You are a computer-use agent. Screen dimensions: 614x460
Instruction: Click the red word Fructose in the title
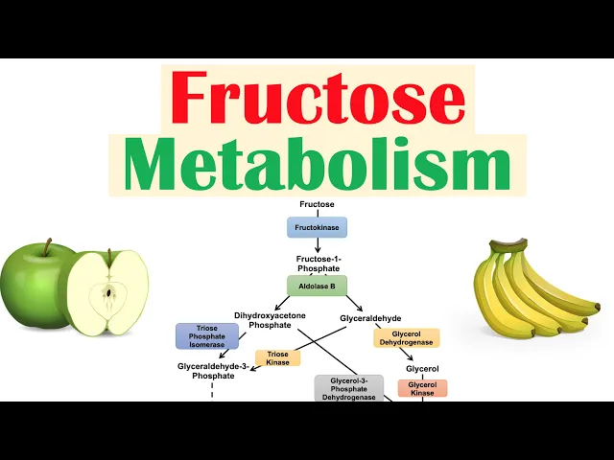tap(317, 98)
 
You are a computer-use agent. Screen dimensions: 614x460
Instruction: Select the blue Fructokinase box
tap(317, 228)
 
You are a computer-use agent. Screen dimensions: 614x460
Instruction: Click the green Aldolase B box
tap(317, 286)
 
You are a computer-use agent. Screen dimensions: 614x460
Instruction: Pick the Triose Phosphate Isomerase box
tap(206, 336)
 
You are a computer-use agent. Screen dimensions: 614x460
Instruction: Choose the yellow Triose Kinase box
tap(277, 358)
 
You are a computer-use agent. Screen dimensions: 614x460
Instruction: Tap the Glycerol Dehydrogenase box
tap(407, 338)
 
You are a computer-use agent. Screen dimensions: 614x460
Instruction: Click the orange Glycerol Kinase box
tap(422, 388)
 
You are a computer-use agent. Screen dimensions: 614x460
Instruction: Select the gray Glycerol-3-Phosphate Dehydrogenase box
tap(349, 388)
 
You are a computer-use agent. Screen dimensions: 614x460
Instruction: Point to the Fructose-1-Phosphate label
tap(317, 264)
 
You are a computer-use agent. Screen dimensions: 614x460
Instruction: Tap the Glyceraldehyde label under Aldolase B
tap(370, 317)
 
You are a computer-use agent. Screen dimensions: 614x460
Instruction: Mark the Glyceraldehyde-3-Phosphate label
tap(213, 371)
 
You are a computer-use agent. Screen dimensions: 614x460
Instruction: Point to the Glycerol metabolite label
tap(422, 368)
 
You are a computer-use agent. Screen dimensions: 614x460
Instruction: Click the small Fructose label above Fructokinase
tap(317, 205)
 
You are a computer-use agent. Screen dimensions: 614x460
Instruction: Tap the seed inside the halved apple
tap(110, 291)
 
